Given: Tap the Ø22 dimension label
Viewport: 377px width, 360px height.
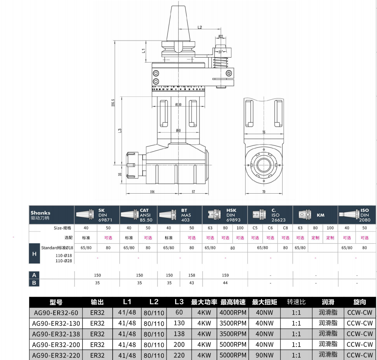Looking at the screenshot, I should pyautogui.click(x=220, y=37).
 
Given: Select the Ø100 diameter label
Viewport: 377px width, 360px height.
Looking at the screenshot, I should pyautogui.click(x=178, y=104).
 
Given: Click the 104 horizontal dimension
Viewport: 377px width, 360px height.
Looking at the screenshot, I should pyautogui.click(x=152, y=192).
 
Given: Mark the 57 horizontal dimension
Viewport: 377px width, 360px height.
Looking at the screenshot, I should pyautogui.click(x=193, y=192).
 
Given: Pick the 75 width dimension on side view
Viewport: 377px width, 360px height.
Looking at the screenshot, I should pyautogui.click(x=264, y=132).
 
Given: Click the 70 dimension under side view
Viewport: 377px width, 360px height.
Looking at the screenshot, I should pyautogui.click(x=264, y=192).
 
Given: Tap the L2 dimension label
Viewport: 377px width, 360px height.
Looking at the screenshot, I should pyautogui.click(x=199, y=27).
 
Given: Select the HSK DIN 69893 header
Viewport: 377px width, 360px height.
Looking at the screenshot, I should pyautogui.click(x=225, y=215).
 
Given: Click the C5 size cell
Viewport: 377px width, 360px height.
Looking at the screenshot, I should pyautogui.click(x=255, y=228).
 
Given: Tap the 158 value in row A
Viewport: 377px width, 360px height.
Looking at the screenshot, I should pyautogui.click(x=191, y=275).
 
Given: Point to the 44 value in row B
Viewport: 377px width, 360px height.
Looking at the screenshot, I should pyautogui.click(x=225, y=283).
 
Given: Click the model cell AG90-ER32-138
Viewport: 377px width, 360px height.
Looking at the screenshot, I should pyautogui.click(x=56, y=334).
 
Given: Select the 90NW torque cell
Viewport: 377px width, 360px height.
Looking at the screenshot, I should pyautogui.click(x=264, y=355).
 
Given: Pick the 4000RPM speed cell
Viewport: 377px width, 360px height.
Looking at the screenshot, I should pyautogui.click(x=233, y=312).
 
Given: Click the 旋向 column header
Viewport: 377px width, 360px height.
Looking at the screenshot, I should pyautogui.click(x=360, y=302).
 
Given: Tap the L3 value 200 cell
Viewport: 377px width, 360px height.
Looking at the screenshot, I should pyautogui.click(x=179, y=344).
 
